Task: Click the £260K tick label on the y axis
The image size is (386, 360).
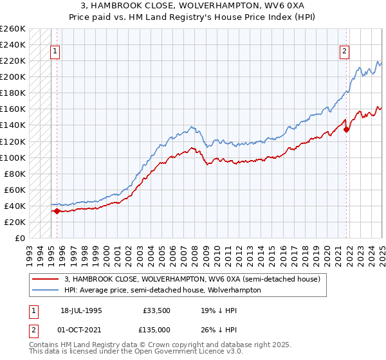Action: pos(13,29)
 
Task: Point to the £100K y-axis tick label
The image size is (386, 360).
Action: pos(13,157)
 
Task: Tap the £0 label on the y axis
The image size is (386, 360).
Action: pos(21,238)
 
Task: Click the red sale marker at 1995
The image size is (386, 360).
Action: pos(57,211)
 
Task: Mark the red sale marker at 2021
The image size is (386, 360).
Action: pos(347,129)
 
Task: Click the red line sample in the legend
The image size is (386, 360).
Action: pos(46,279)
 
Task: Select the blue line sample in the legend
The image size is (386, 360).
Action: pos(46,290)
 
